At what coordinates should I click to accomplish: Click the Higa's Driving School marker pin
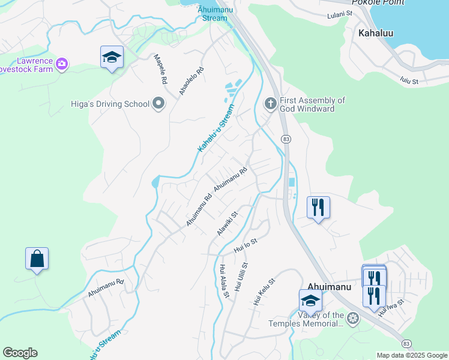[159, 104]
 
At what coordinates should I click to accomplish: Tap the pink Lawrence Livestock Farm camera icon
[62, 63]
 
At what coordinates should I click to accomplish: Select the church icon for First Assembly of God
[270, 104]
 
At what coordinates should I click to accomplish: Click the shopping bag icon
[37, 259]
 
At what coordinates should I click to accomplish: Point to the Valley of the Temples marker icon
[353, 318]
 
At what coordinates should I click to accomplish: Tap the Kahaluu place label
[376, 33]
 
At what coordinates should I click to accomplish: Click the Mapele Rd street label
[160, 68]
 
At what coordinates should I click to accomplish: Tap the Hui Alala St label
[224, 281]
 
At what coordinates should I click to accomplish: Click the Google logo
[20, 353]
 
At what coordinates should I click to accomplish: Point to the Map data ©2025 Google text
[412, 355]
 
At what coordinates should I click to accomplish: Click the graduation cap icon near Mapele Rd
[112, 57]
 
